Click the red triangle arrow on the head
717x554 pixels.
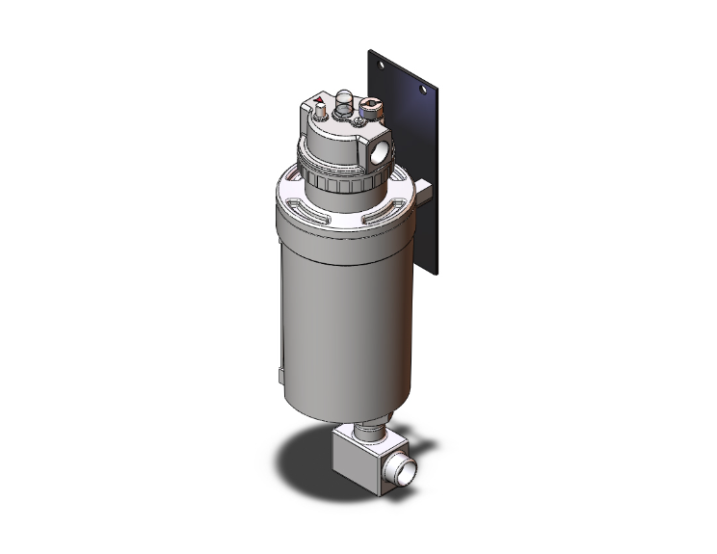click(319, 99)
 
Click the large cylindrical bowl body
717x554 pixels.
click(337, 308)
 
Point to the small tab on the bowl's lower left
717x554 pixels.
click(280, 370)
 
